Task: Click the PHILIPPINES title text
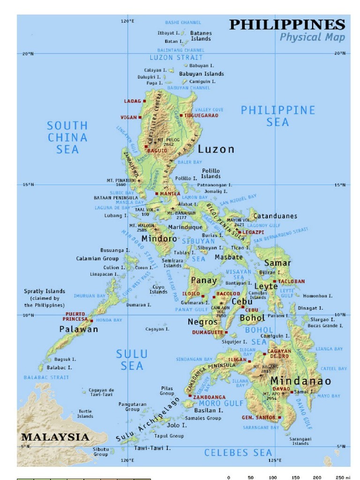click(287, 24)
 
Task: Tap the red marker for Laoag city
click(145, 101)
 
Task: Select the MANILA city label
click(170, 193)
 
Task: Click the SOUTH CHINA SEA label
click(67, 137)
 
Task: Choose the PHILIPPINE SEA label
click(277, 116)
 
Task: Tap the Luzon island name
click(216, 149)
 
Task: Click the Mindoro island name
click(159, 239)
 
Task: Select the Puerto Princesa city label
click(75, 316)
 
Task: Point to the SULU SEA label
click(132, 360)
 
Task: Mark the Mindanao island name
click(300, 381)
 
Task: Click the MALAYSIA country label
click(55, 437)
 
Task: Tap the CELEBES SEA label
click(238, 452)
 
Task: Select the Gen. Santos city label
click(258, 417)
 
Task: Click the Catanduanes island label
click(275, 216)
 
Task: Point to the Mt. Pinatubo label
click(121, 182)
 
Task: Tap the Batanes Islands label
click(201, 36)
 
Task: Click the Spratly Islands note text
click(45, 298)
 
